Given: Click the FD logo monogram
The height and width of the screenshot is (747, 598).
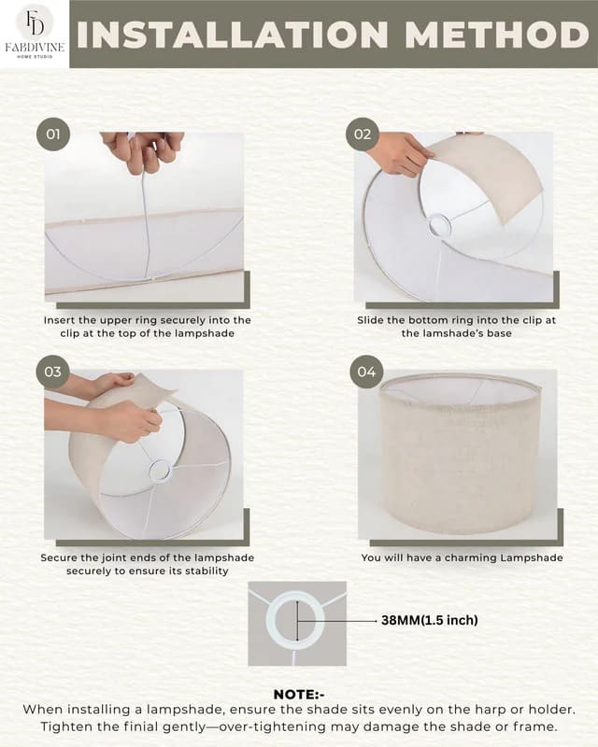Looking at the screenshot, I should (34, 23).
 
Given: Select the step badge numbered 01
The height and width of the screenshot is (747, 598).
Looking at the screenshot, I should (53, 134).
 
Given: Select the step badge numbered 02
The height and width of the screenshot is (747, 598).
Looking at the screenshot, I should (363, 134).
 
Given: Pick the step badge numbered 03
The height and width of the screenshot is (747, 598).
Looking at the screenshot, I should (53, 372).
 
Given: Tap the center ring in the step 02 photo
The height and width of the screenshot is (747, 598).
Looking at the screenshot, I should (438, 225).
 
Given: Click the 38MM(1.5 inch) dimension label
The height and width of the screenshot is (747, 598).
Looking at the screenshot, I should (434, 619).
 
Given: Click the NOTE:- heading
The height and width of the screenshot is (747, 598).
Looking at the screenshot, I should (298, 695).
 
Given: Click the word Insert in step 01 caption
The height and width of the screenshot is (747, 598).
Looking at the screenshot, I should (63, 319).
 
